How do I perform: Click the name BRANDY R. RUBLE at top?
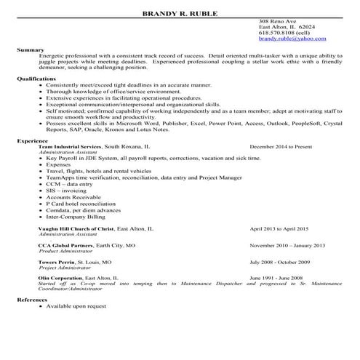tap(180, 13)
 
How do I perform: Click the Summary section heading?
tap(31, 49)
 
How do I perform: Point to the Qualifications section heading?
tap(36, 76)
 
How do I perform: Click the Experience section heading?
tap(33, 141)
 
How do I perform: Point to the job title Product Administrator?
tap(63, 251)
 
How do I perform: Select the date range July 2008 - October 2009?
tap(280, 262)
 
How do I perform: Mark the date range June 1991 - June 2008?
tap(277, 279)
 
